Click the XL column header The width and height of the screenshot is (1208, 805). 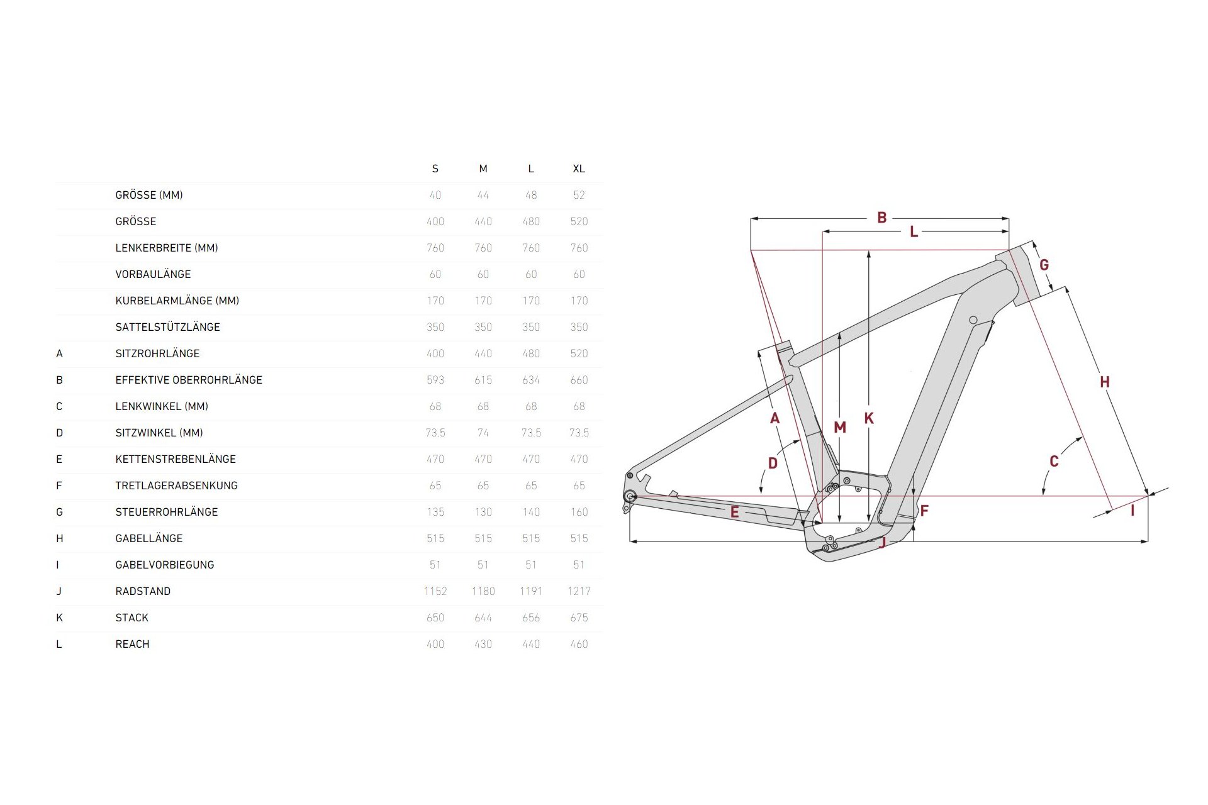[x=579, y=169]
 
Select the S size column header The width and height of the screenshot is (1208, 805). [x=435, y=169]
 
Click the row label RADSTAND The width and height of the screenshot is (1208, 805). [x=143, y=591]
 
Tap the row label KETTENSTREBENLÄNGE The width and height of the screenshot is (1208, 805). [x=176, y=459]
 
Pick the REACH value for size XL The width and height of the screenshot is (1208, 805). [x=579, y=644]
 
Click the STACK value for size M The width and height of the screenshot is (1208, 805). [x=483, y=618]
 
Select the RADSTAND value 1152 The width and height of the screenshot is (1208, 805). [x=435, y=591]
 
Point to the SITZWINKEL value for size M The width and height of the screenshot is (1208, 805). [x=483, y=433]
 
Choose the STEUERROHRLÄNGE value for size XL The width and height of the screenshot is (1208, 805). [x=579, y=512]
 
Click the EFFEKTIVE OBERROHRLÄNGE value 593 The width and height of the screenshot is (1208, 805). [x=435, y=380]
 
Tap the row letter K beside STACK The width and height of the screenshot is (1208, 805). [x=59, y=618]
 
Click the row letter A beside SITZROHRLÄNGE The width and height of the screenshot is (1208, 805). [x=59, y=353]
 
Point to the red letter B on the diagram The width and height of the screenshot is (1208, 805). [x=882, y=218]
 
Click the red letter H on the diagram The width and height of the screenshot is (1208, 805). [x=1105, y=382]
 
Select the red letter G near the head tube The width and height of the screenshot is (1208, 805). [x=1044, y=265]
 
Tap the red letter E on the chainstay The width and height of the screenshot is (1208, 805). [x=734, y=512]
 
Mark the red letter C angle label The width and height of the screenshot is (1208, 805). [x=1054, y=461]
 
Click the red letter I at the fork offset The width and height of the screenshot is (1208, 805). [x=1132, y=510]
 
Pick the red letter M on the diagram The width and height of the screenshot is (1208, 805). [x=840, y=428]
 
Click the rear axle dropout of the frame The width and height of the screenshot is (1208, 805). [x=630, y=497]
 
